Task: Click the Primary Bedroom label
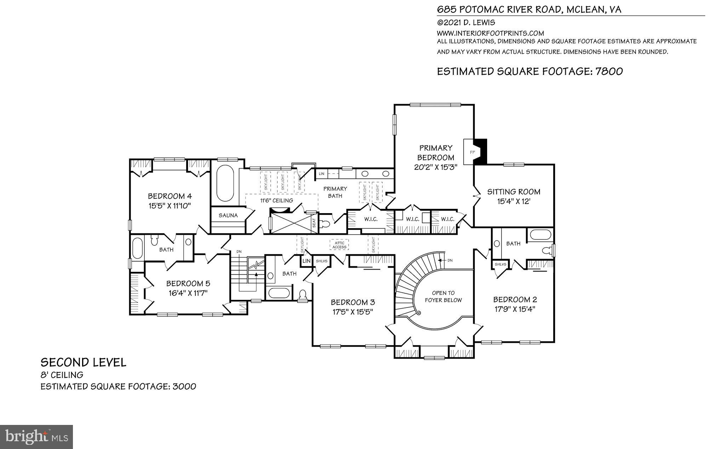(x=436, y=153)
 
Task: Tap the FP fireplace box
(x=472, y=152)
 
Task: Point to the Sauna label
(x=228, y=215)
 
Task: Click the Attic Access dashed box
(x=339, y=245)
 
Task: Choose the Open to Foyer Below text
(x=443, y=296)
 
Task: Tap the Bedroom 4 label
(x=170, y=196)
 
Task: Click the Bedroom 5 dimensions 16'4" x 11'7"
(x=188, y=293)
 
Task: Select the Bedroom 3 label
(x=353, y=302)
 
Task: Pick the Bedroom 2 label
(x=515, y=299)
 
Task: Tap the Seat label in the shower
(x=314, y=223)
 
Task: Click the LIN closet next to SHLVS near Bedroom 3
(x=306, y=261)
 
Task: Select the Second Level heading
(x=83, y=362)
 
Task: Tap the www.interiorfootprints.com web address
(x=490, y=33)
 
